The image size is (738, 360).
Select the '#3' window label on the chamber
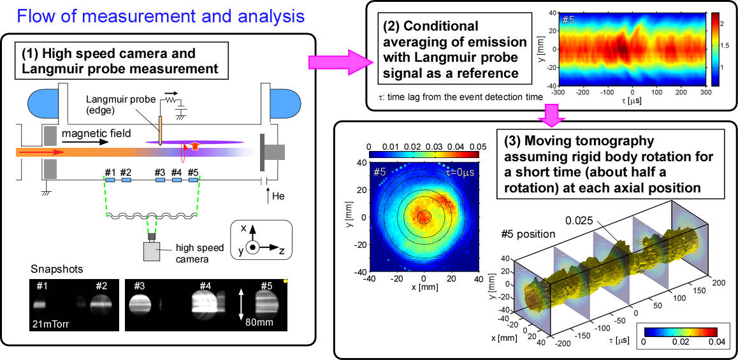160,172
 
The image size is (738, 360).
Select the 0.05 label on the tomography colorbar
476,147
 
